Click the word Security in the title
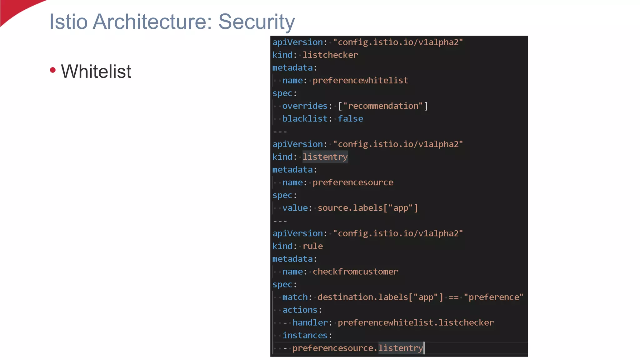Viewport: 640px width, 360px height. click(256, 22)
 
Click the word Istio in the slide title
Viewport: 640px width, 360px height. click(68, 22)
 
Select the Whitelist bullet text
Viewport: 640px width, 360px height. click(96, 71)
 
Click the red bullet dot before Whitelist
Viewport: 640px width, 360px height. click(53, 70)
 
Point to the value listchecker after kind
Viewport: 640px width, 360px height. click(330, 55)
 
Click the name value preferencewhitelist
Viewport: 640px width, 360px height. click(360, 81)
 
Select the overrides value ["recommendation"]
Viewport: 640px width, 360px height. click(383, 106)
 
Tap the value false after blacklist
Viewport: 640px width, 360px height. click(350, 119)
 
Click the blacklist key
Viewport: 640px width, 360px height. click(305, 119)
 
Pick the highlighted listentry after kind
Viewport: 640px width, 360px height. click(325, 157)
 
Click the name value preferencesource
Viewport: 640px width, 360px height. click(353, 182)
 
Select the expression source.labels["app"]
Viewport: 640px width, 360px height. click(367, 208)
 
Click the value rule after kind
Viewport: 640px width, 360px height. click(312, 246)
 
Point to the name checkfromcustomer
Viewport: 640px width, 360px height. click(355, 272)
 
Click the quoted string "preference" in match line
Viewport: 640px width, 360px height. click(493, 297)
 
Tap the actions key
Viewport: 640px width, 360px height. click(300, 310)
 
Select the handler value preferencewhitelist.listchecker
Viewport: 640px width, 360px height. click(416, 323)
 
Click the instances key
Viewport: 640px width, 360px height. click(305, 336)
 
